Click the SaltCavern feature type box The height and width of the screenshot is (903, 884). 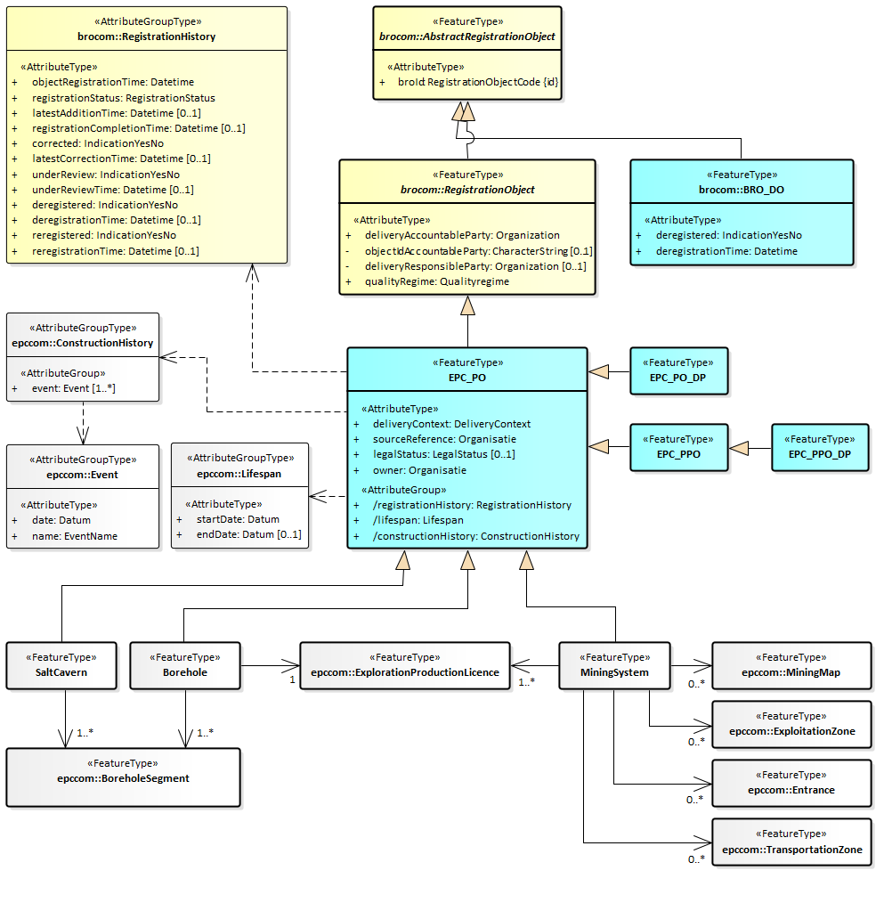pyautogui.click(x=61, y=665)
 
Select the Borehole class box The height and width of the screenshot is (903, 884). pyautogui.click(x=185, y=665)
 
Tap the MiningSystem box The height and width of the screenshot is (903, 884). pyautogui.click(x=614, y=665)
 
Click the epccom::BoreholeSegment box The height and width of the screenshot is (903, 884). pyautogui.click(x=123, y=777)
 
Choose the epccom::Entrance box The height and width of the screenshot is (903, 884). pyautogui.click(x=791, y=783)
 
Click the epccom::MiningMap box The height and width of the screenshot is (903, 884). pyautogui.click(x=791, y=665)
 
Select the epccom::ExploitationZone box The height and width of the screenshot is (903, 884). pyautogui.click(x=791, y=724)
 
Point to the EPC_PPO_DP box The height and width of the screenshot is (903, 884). pyautogui.click(x=819, y=447)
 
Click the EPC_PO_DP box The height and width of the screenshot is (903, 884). pyautogui.click(x=678, y=370)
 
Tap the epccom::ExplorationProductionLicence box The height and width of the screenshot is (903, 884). pyautogui.click(x=405, y=665)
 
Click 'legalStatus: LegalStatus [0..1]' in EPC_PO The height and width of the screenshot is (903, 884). pyautogui.click(x=443, y=454)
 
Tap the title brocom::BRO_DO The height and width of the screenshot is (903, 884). pyautogui.click(x=741, y=190)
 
